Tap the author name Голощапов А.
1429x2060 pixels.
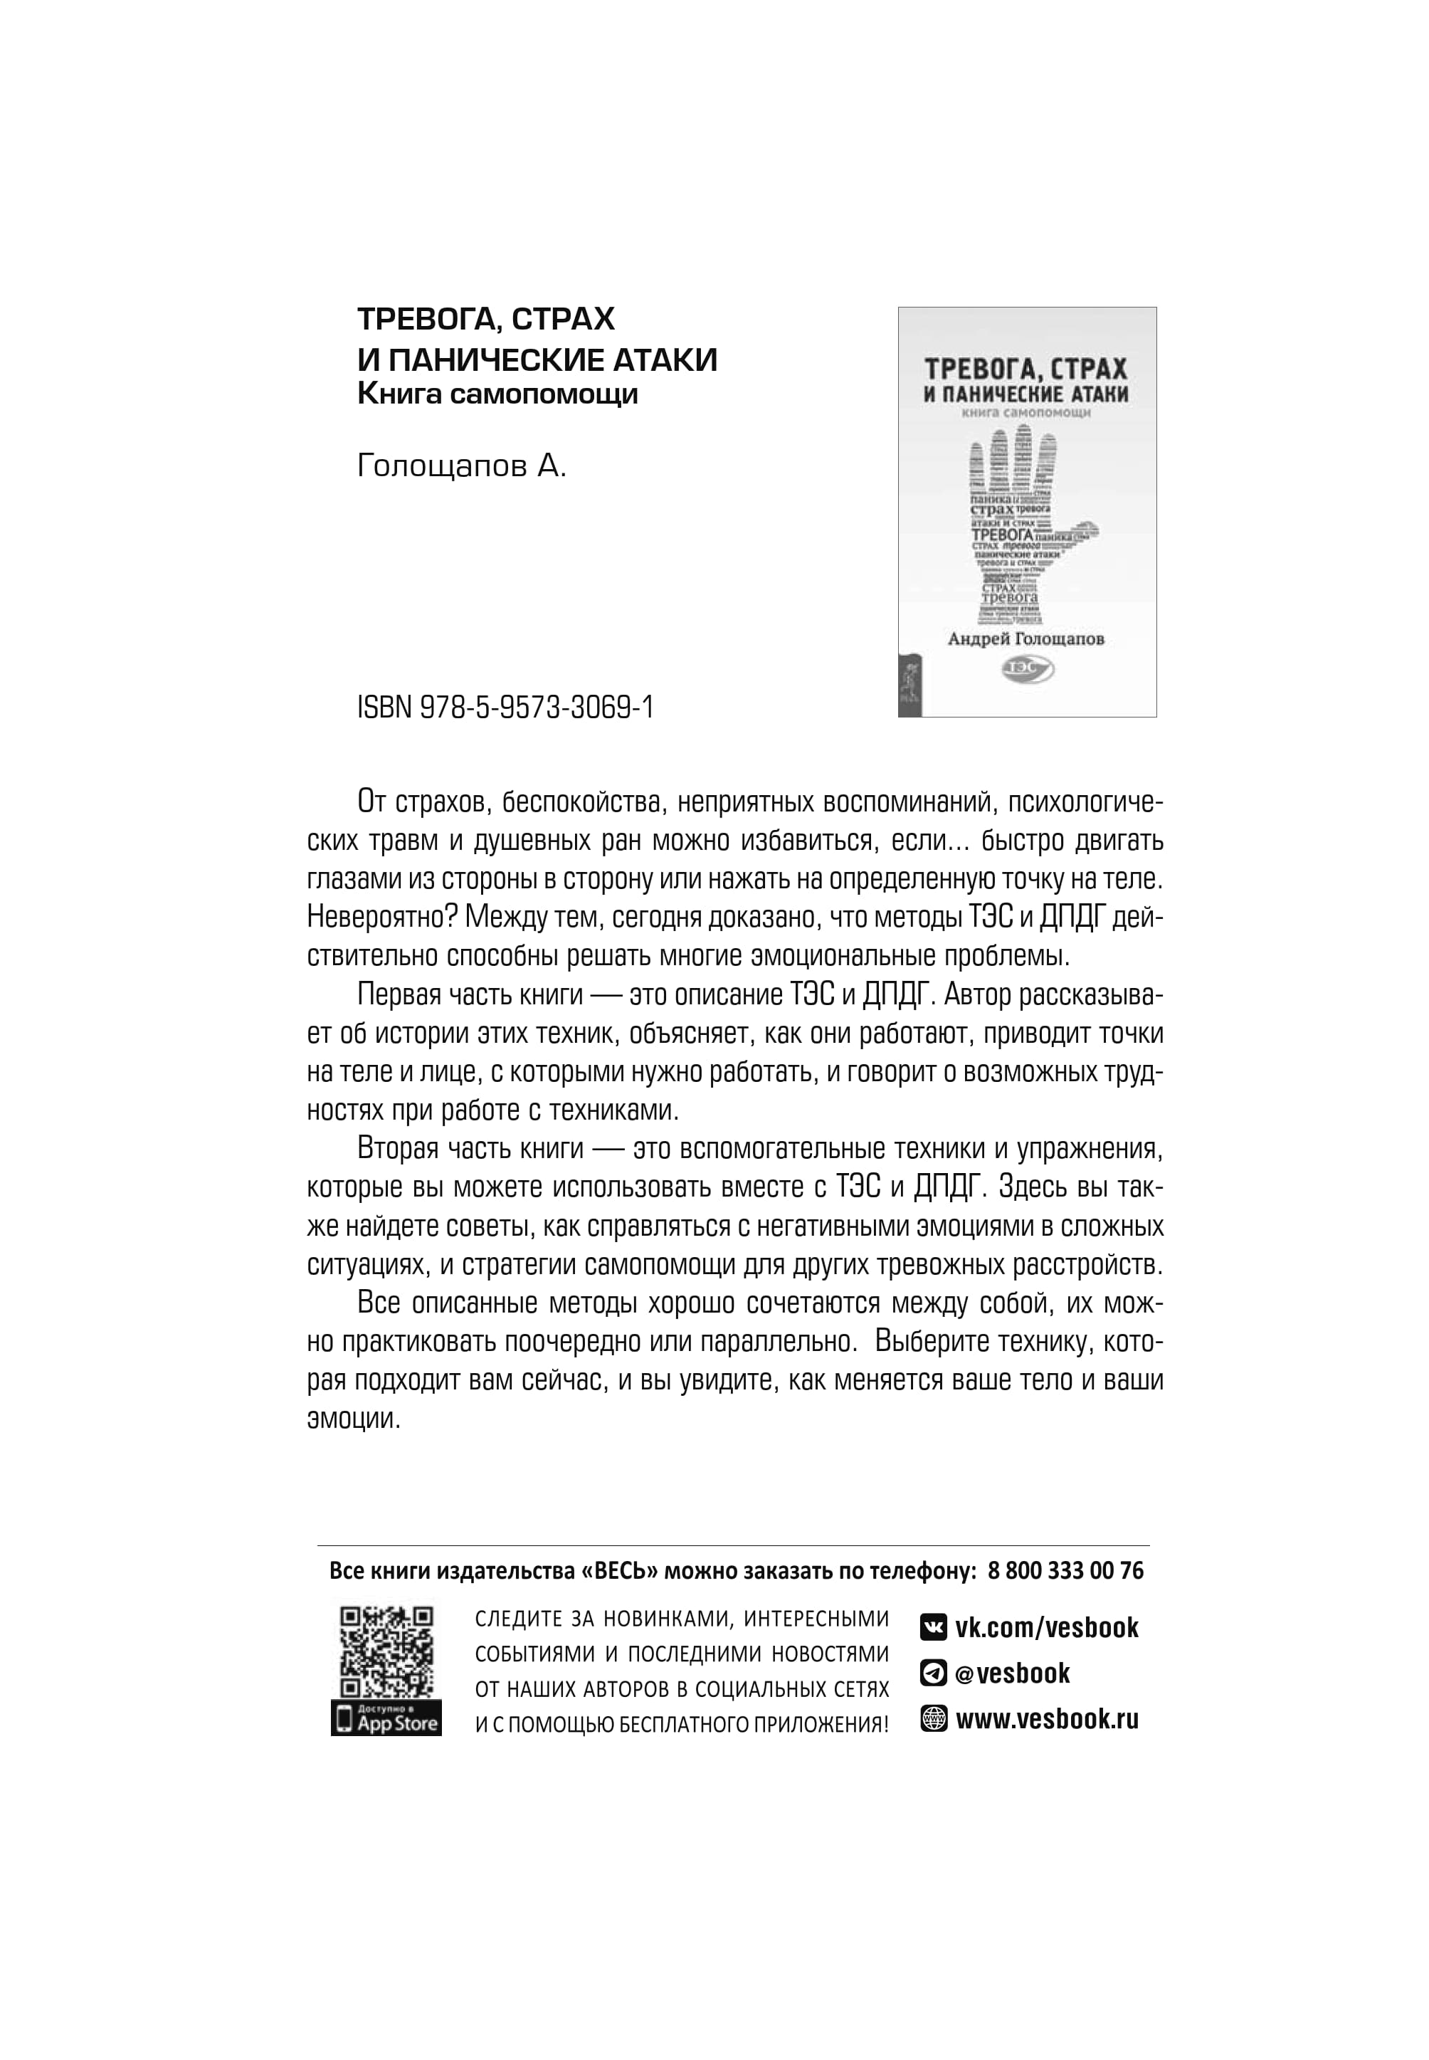461,466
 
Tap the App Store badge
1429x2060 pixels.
386,1720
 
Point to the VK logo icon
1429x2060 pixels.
933,1627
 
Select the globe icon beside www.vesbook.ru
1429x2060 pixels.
933,1719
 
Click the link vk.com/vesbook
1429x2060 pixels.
1046,1627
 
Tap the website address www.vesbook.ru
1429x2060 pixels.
1047,1719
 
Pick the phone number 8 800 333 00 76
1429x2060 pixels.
1065,1570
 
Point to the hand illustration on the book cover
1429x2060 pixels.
1025,524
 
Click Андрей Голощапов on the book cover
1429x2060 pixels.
1026,639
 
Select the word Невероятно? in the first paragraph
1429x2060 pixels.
381,917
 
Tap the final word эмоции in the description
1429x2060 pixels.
353,1419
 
